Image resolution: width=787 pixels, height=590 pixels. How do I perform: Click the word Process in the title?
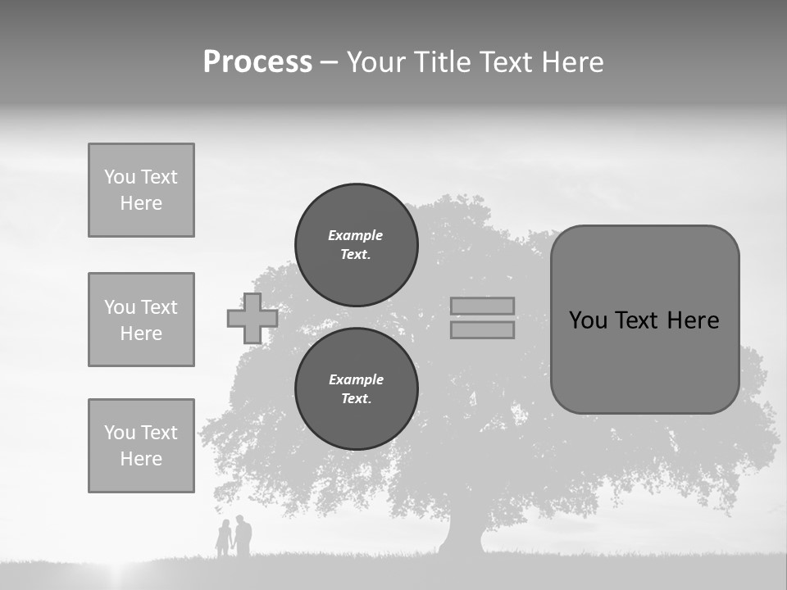click(257, 62)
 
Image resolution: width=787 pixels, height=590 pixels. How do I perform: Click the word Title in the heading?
click(439, 62)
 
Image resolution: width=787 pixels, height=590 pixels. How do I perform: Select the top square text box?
click(141, 190)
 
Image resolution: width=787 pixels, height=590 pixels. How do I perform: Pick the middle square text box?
click(141, 320)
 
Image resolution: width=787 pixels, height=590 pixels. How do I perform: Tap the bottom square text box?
click(141, 445)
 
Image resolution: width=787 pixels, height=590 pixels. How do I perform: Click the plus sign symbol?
click(252, 318)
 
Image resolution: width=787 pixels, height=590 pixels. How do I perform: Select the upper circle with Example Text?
click(356, 244)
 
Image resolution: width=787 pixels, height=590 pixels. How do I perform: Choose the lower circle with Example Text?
click(356, 388)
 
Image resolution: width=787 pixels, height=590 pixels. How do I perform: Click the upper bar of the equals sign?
click(482, 306)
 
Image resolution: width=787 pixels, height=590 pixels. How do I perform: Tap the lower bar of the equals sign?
click(482, 329)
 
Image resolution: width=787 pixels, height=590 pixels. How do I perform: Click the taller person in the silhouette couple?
click(243, 537)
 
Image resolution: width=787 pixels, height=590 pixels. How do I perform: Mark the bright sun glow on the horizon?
click(123, 574)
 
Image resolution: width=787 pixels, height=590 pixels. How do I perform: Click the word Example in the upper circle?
click(355, 235)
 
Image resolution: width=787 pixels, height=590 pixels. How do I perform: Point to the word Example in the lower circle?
click(356, 379)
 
